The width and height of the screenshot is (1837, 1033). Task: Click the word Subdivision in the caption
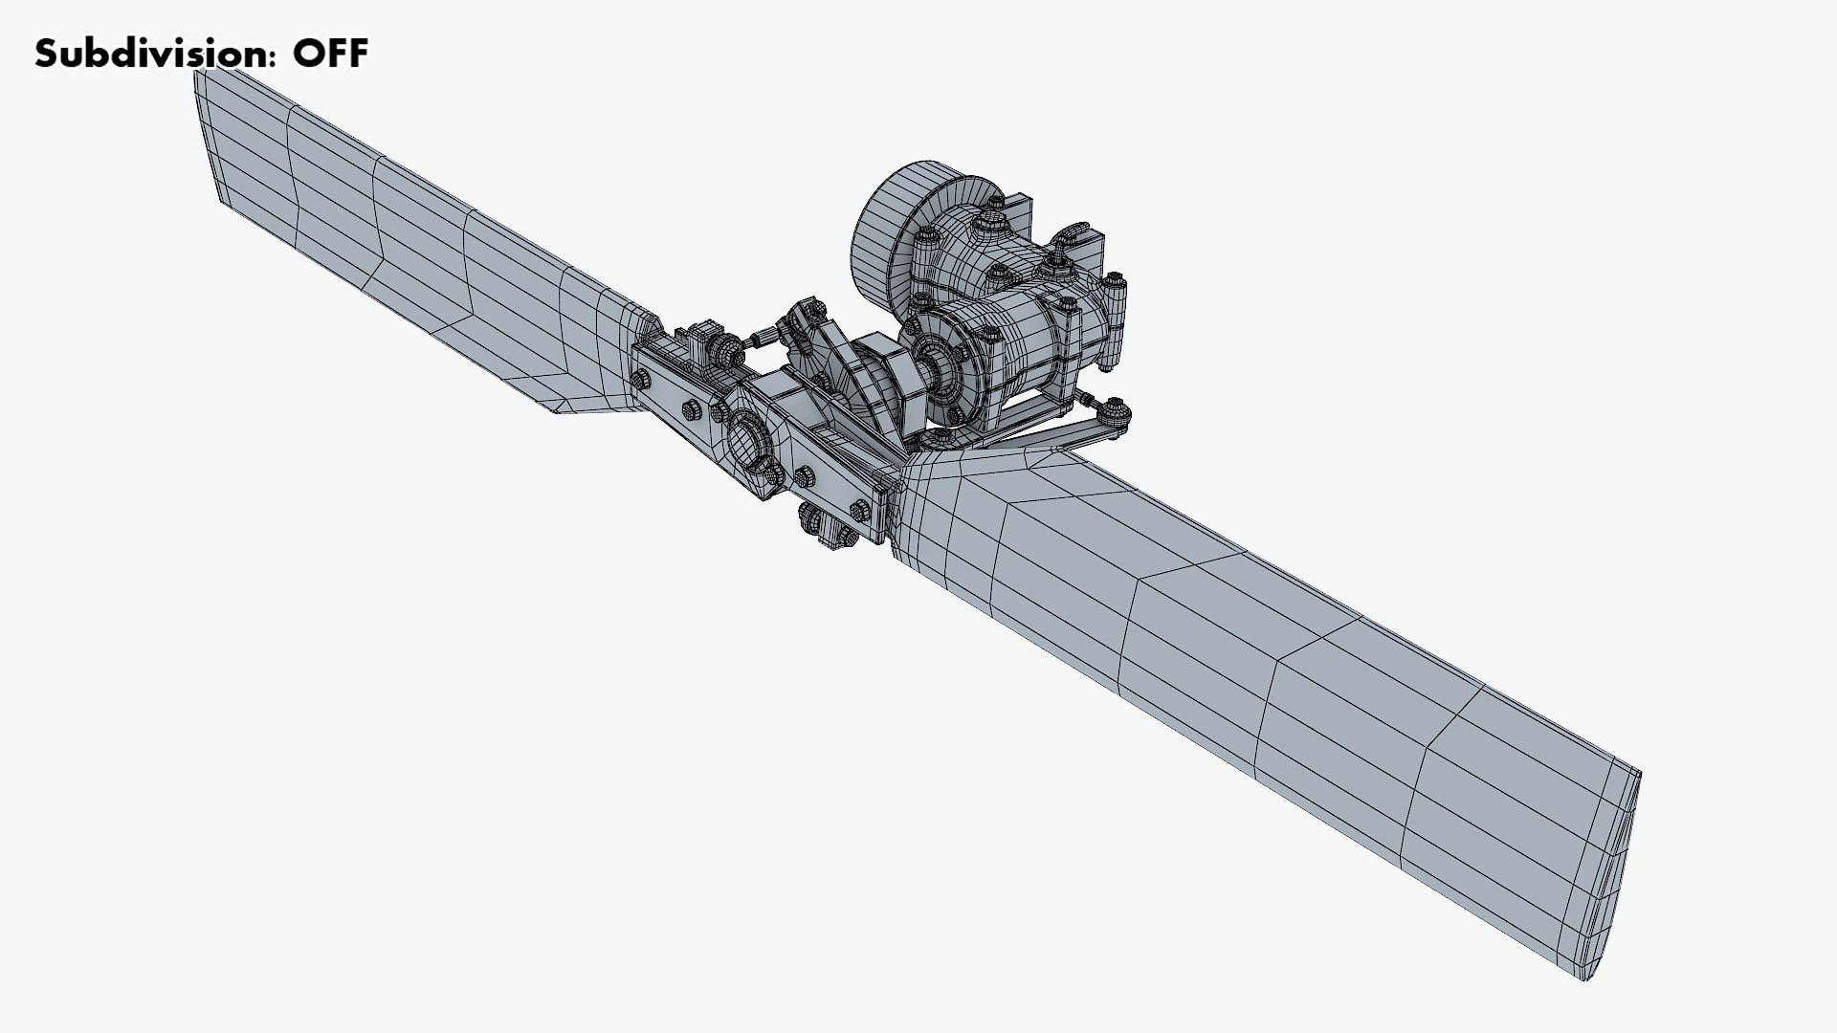[148, 55]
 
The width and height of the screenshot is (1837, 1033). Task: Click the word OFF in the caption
[330, 55]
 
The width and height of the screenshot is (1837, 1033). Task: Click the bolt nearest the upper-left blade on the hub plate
[640, 380]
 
